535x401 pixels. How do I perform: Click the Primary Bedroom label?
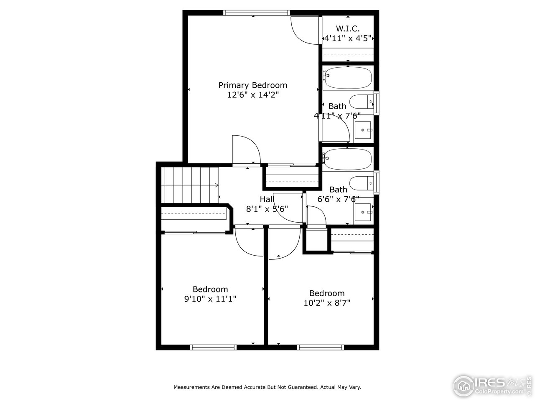tap(252, 85)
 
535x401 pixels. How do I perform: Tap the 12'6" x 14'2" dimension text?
tap(252, 95)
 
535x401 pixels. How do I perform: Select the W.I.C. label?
tap(348, 28)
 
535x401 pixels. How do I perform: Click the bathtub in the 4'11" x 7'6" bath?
tap(347, 78)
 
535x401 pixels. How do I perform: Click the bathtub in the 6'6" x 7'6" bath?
tap(347, 159)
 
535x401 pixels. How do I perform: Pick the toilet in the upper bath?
tap(361, 102)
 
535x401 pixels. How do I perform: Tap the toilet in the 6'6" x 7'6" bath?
tap(361, 183)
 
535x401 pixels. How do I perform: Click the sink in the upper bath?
tap(363, 130)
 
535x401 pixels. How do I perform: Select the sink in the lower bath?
tap(363, 212)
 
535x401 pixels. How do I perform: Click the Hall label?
tap(267, 199)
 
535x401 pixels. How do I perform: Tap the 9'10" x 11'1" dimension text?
tap(210, 299)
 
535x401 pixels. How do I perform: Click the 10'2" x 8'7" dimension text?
tap(327, 303)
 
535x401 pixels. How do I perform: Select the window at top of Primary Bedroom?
tap(256, 13)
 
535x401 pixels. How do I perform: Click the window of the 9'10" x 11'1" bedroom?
tap(213, 347)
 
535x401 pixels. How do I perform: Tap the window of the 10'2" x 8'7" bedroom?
tap(321, 347)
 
